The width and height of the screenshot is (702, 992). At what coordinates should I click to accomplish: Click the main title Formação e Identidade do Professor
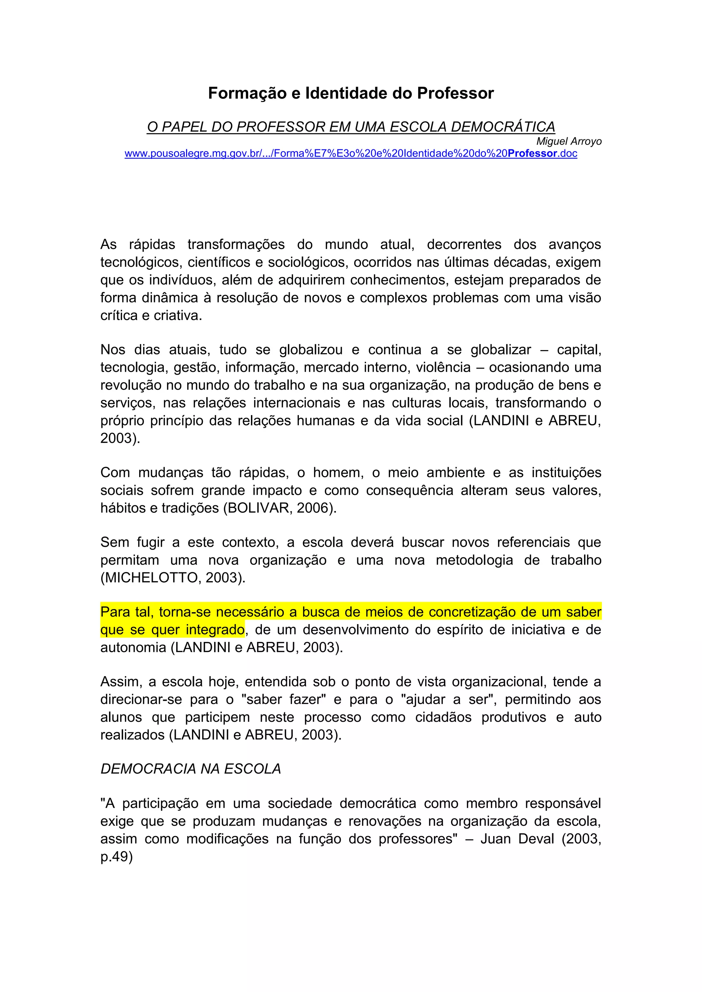point(351,93)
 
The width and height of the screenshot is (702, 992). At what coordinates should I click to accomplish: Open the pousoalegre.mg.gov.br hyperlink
point(351,154)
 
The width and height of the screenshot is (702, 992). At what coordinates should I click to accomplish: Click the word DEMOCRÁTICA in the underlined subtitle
point(503,127)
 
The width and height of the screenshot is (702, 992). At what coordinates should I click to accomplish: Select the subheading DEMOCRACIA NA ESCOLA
point(191,769)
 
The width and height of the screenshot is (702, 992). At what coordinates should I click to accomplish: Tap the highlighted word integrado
point(215,630)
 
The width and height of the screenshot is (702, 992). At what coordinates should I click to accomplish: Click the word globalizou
point(311,349)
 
